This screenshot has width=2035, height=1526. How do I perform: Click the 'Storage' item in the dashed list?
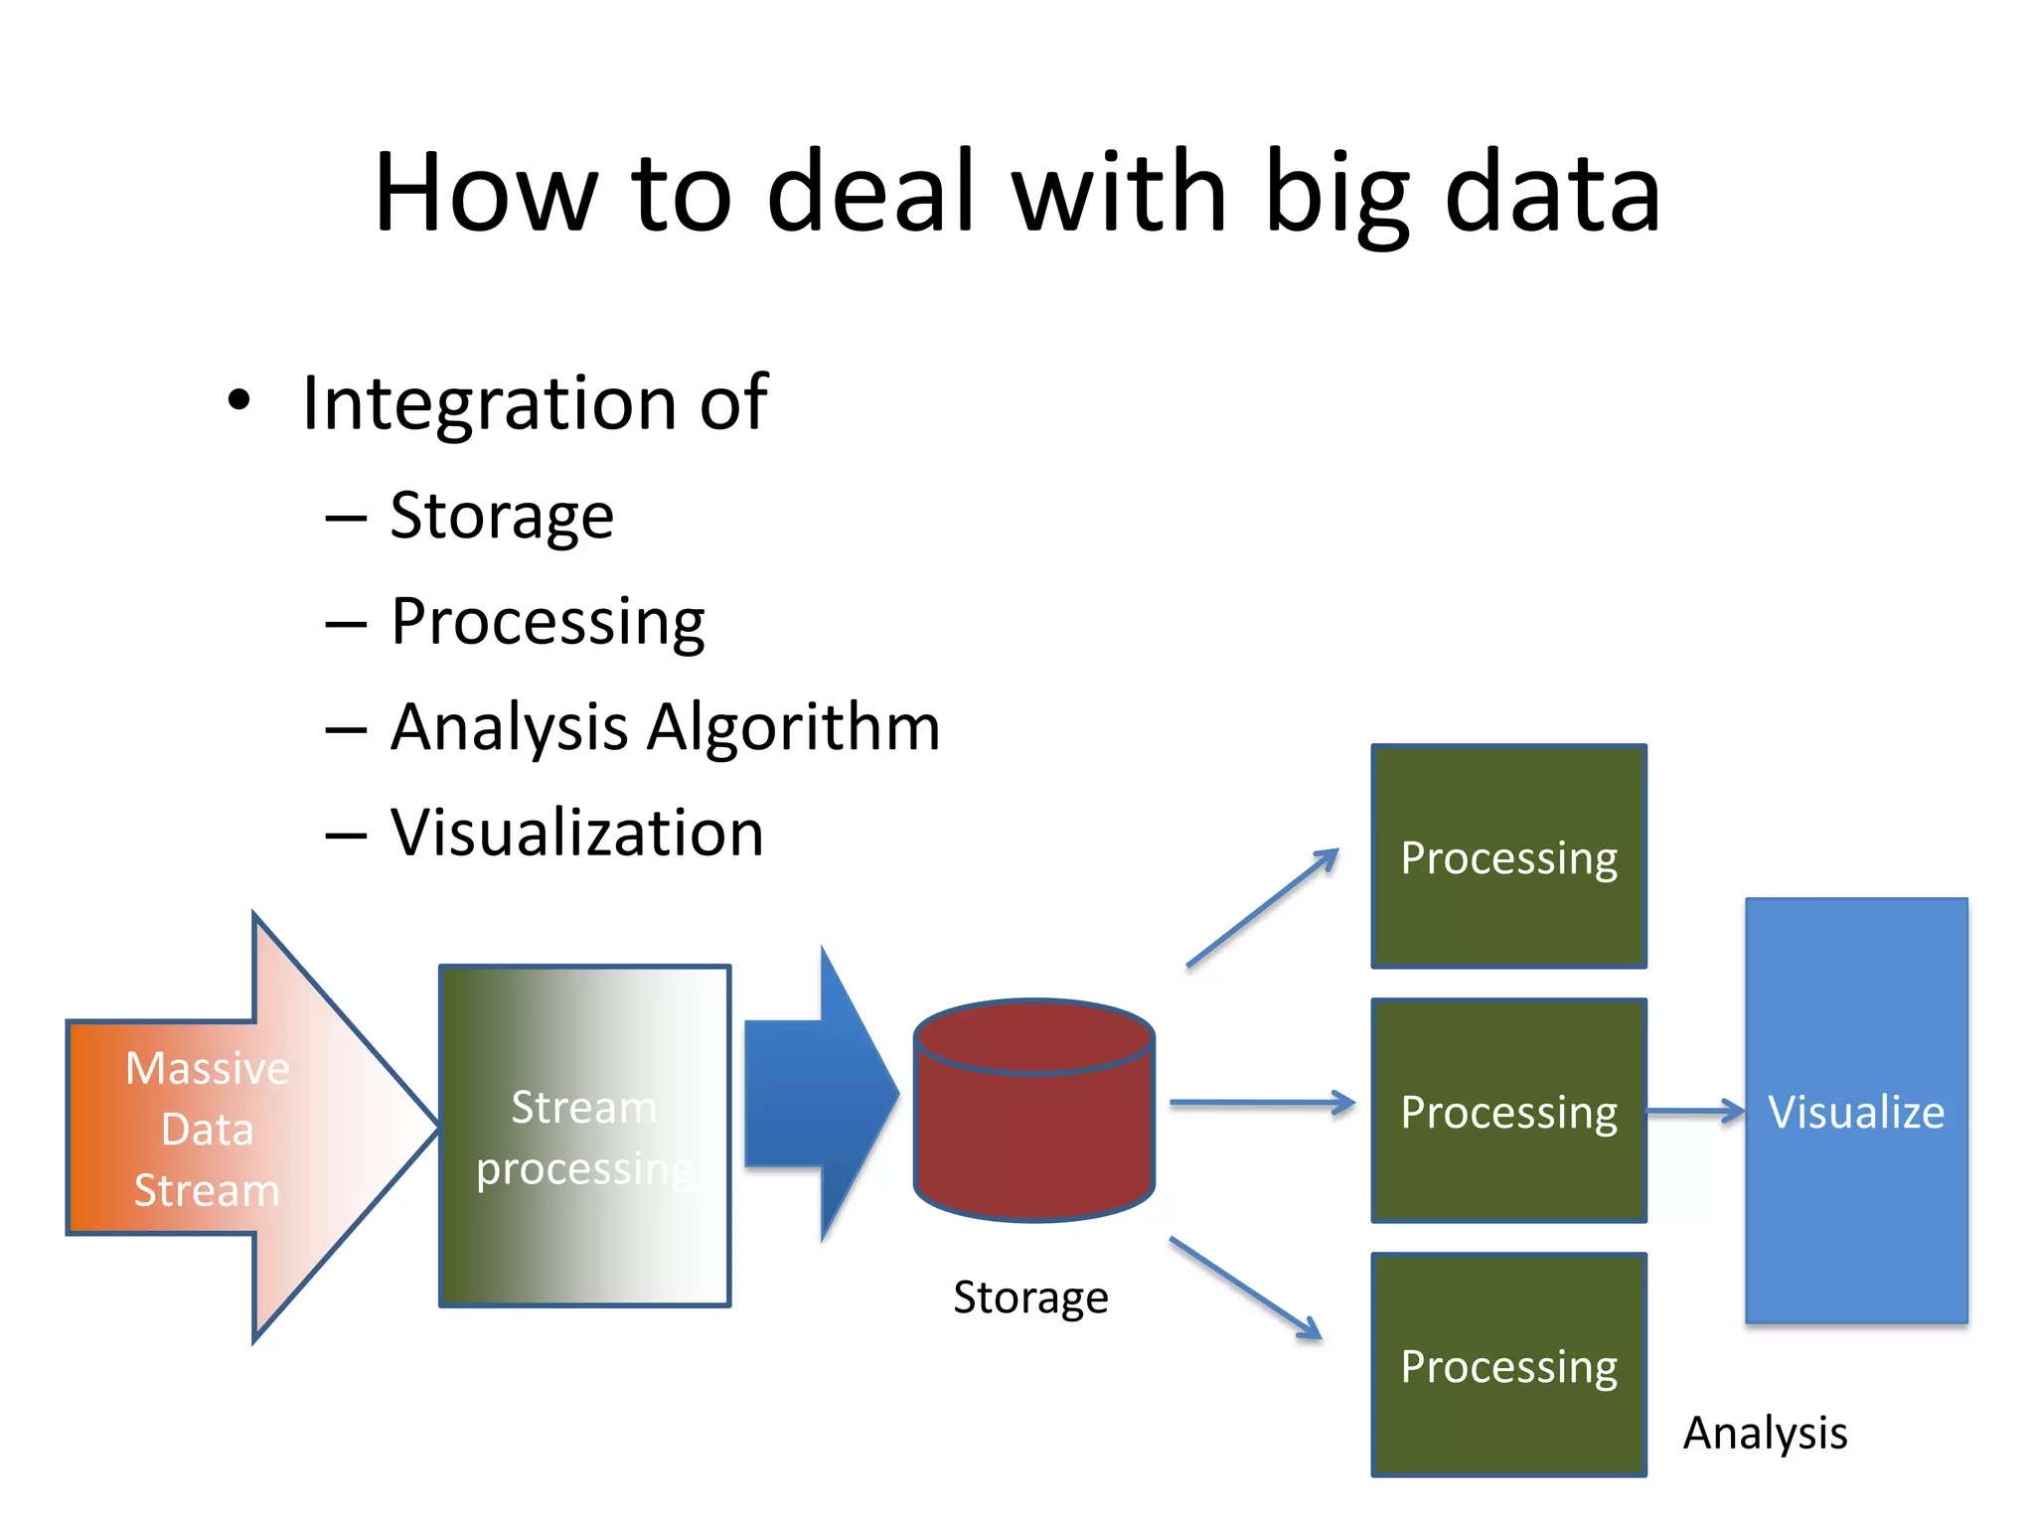[501, 517]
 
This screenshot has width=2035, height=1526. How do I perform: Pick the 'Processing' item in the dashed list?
[547, 622]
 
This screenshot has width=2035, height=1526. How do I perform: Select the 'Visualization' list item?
[576, 833]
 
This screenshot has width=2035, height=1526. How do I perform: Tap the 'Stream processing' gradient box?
[584, 1136]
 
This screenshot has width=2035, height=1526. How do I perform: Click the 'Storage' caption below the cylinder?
[1030, 1297]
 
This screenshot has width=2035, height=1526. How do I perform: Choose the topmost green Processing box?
[1508, 856]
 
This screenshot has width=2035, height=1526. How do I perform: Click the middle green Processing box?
[1508, 1111]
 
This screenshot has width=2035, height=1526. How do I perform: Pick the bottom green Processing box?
[1508, 1365]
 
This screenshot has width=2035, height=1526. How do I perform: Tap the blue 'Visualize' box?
[1856, 1111]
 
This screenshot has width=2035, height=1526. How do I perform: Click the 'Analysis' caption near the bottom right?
[1765, 1433]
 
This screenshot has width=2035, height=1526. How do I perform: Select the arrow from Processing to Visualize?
[1694, 1111]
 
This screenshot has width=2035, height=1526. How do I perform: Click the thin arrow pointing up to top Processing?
[1262, 908]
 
